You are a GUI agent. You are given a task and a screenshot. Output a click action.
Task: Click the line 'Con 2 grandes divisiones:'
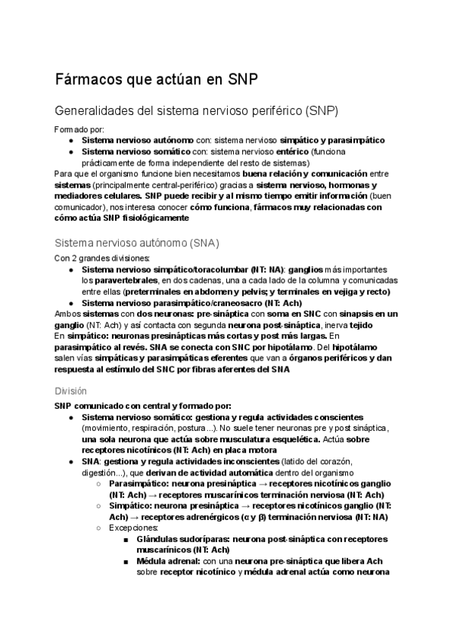pos(102,258)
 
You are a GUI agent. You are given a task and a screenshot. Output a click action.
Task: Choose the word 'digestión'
pos(73,472)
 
